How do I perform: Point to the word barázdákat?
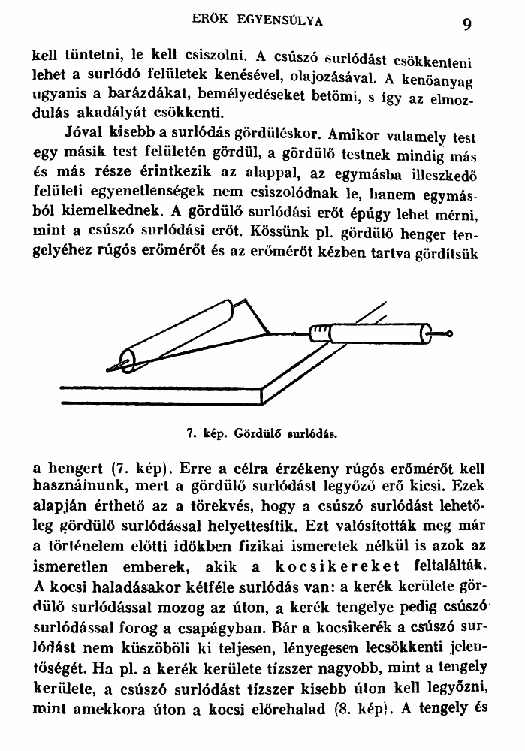(x=127, y=95)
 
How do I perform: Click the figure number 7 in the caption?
(x=189, y=433)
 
